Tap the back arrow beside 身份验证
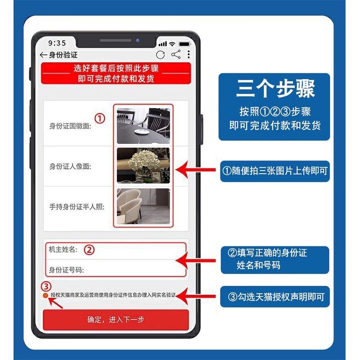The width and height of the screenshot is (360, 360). [44, 55]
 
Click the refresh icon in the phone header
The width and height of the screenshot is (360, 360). [161, 55]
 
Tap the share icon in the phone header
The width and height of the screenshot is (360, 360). [175, 55]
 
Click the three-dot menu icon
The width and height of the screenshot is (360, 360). [189, 55]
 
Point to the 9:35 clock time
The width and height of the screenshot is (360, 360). [57, 43]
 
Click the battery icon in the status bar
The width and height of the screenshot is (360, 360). [184, 44]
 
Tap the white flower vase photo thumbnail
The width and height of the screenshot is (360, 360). [143, 165]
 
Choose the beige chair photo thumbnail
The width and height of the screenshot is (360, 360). [143, 206]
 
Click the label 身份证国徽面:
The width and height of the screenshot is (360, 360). [70, 126]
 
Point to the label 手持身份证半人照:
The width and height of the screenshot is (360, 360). [77, 207]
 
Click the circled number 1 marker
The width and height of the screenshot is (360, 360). [100, 118]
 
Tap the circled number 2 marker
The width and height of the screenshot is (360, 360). [90, 250]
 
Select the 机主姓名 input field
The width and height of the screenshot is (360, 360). [135, 250]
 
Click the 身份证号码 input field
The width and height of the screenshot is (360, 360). [135, 270]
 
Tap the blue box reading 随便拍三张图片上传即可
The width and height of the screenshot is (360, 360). [275, 171]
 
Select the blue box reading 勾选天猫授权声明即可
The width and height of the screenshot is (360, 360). [275, 297]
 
